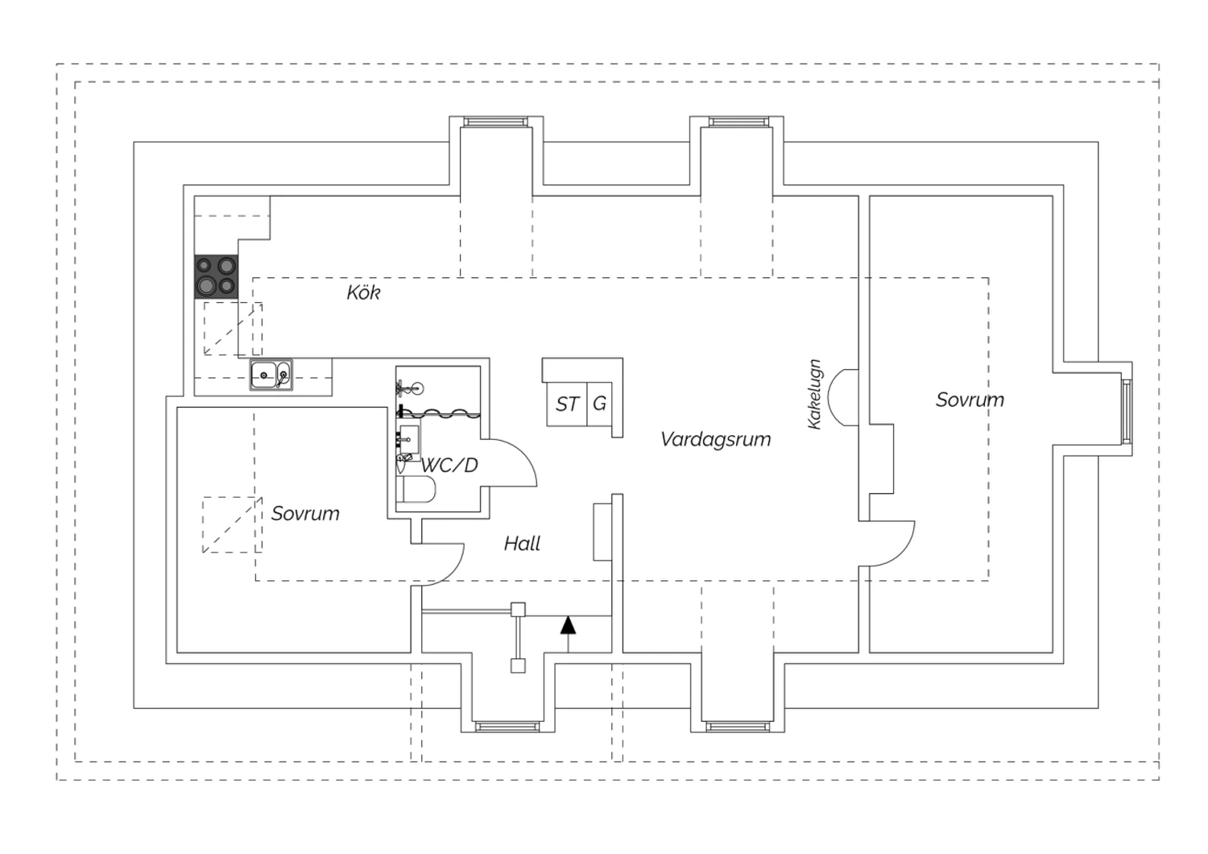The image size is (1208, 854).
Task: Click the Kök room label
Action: tap(363, 292)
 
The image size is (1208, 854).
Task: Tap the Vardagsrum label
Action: tap(716, 439)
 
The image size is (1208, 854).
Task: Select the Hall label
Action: tap(522, 543)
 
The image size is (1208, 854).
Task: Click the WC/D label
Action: tap(449, 465)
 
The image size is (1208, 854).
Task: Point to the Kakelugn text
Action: tap(814, 394)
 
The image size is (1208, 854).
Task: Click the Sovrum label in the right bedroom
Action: tap(970, 400)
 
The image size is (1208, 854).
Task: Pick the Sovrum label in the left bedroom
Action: tap(305, 513)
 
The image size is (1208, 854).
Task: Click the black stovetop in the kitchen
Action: tap(216, 276)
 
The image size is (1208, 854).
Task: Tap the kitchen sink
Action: tap(271, 375)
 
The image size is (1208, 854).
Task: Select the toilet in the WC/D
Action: tap(416, 489)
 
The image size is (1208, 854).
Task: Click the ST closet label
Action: tap(567, 404)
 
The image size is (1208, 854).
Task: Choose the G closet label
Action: tap(599, 404)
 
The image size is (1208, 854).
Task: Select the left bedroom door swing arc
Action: tap(453, 572)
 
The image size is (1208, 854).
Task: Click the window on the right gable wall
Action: tap(1127, 412)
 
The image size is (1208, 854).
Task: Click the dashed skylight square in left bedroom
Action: tap(233, 524)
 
